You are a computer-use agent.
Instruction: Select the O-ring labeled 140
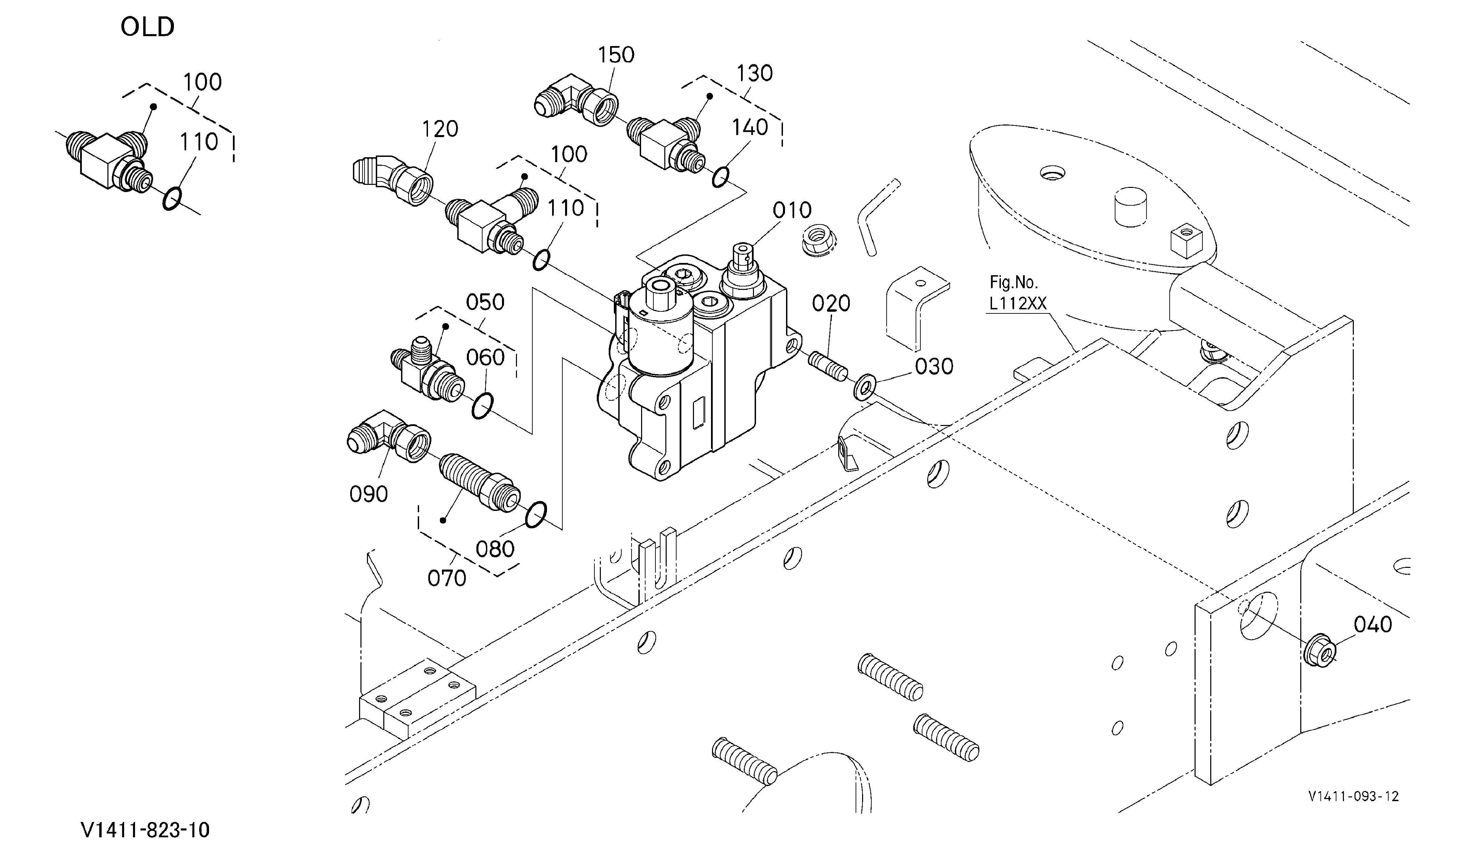click(x=720, y=177)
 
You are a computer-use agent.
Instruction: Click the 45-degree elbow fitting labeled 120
click(x=393, y=179)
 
